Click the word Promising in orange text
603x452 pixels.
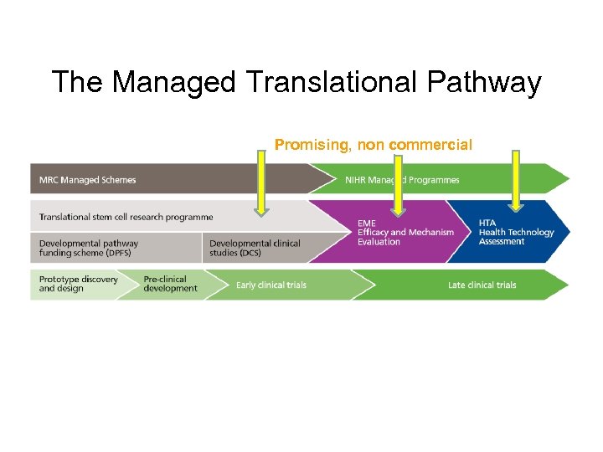(313, 145)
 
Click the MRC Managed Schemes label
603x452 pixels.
(88, 180)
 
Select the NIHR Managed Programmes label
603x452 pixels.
(402, 180)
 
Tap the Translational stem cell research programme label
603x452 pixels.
(126, 217)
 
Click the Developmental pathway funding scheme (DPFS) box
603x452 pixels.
(89, 248)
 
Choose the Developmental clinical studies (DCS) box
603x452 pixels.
(255, 248)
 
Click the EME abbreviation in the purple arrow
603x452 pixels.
(367, 223)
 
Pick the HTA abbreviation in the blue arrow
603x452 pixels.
(487, 223)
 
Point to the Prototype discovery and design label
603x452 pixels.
(79, 284)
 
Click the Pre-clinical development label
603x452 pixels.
(170, 284)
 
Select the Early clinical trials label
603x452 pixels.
(271, 285)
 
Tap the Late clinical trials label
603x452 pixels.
(482, 285)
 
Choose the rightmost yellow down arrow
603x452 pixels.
(515, 180)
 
